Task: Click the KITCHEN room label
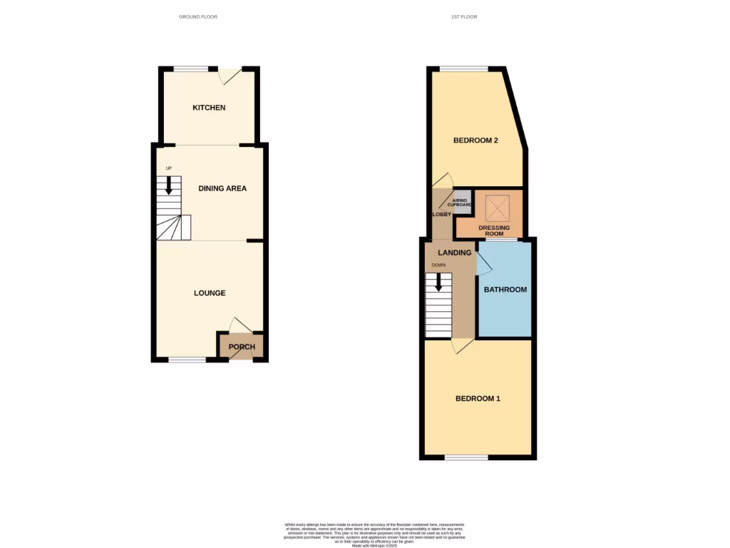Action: [209, 108]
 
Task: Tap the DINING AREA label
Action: [222, 188]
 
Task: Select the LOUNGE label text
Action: [210, 293]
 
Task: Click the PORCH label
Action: [242, 347]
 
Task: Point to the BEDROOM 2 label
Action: [475, 141]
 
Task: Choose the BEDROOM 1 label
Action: [478, 398]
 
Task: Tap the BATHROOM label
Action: [505, 290]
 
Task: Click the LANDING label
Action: [454, 253]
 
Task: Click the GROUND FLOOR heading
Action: [198, 16]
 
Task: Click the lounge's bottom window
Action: [187, 360]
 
